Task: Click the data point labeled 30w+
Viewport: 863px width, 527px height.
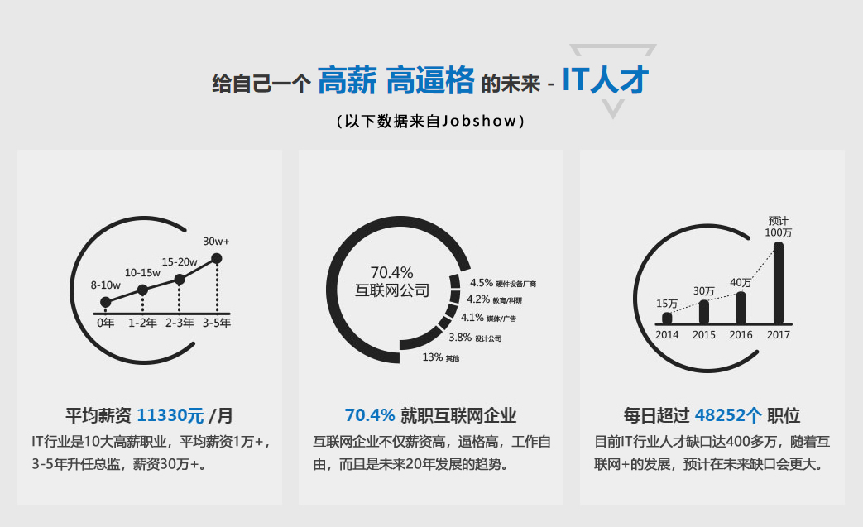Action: point(217,258)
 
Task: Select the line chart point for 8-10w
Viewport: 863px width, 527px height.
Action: point(106,302)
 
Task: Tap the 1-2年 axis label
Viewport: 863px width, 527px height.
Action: point(142,323)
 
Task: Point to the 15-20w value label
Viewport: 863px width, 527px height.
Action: point(180,262)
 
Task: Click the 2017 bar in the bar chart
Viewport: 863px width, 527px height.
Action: point(779,283)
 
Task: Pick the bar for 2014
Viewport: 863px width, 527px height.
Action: point(667,318)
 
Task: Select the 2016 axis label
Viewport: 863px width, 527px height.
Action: point(741,334)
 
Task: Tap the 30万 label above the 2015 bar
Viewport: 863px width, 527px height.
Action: point(704,291)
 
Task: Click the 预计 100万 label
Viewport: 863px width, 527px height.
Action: point(779,227)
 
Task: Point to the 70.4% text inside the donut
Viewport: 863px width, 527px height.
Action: point(392,272)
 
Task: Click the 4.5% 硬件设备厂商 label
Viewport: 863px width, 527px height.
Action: point(503,283)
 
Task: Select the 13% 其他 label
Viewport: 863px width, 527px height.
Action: point(441,357)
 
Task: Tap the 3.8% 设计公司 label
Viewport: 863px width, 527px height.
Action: point(475,338)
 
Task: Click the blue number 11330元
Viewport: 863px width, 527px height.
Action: point(170,415)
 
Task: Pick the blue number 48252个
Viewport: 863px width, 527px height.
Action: point(728,415)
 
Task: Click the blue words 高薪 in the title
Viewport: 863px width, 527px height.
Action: point(348,81)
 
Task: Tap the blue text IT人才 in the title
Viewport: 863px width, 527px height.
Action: point(606,79)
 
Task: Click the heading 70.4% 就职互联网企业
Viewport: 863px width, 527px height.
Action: point(430,415)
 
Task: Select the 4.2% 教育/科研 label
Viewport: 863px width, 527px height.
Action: point(494,299)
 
